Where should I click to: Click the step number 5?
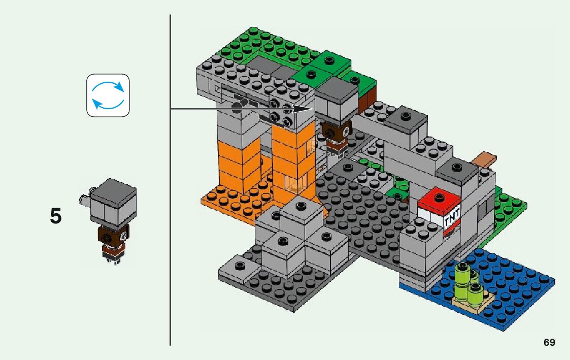coord(56,216)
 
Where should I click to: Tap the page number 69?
coord(549,342)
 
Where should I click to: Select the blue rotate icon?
coord(108,95)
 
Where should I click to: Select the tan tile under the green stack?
coord(473,304)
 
